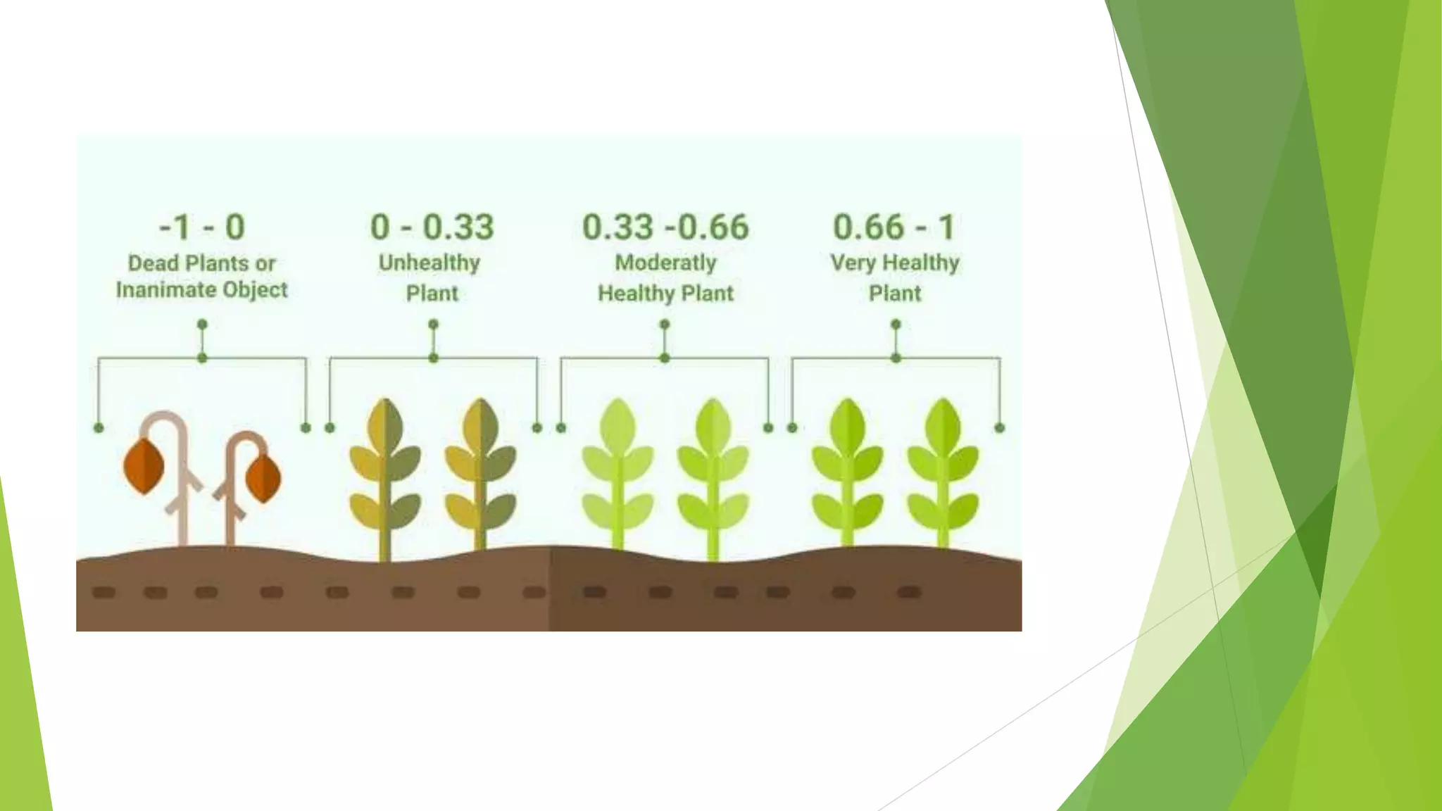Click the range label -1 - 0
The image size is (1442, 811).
(x=202, y=227)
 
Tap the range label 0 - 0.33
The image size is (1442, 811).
(x=432, y=227)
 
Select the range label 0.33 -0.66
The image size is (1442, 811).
(x=665, y=227)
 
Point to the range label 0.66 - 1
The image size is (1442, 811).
(x=894, y=227)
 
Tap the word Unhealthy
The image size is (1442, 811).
(x=430, y=263)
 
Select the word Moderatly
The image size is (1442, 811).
(x=665, y=263)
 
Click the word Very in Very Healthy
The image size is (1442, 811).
(x=853, y=263)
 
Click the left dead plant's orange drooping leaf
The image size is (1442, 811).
(x=144, y=466)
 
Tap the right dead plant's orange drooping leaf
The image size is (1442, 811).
(x=263, y=478)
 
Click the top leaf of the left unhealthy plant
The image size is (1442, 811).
(x=385, y=422)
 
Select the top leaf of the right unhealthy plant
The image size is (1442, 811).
(x=481, y=422)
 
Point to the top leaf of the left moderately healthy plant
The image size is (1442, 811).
(x=618, y=422)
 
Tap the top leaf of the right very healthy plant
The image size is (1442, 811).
(x=943, y=422)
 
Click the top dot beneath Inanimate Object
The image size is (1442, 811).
(x=202, y=325)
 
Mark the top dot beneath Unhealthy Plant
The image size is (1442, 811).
(x=433, y=325)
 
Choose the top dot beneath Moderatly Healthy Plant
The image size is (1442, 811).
(x=665, y=325)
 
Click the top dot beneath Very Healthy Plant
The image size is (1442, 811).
(x=896, y=325)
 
